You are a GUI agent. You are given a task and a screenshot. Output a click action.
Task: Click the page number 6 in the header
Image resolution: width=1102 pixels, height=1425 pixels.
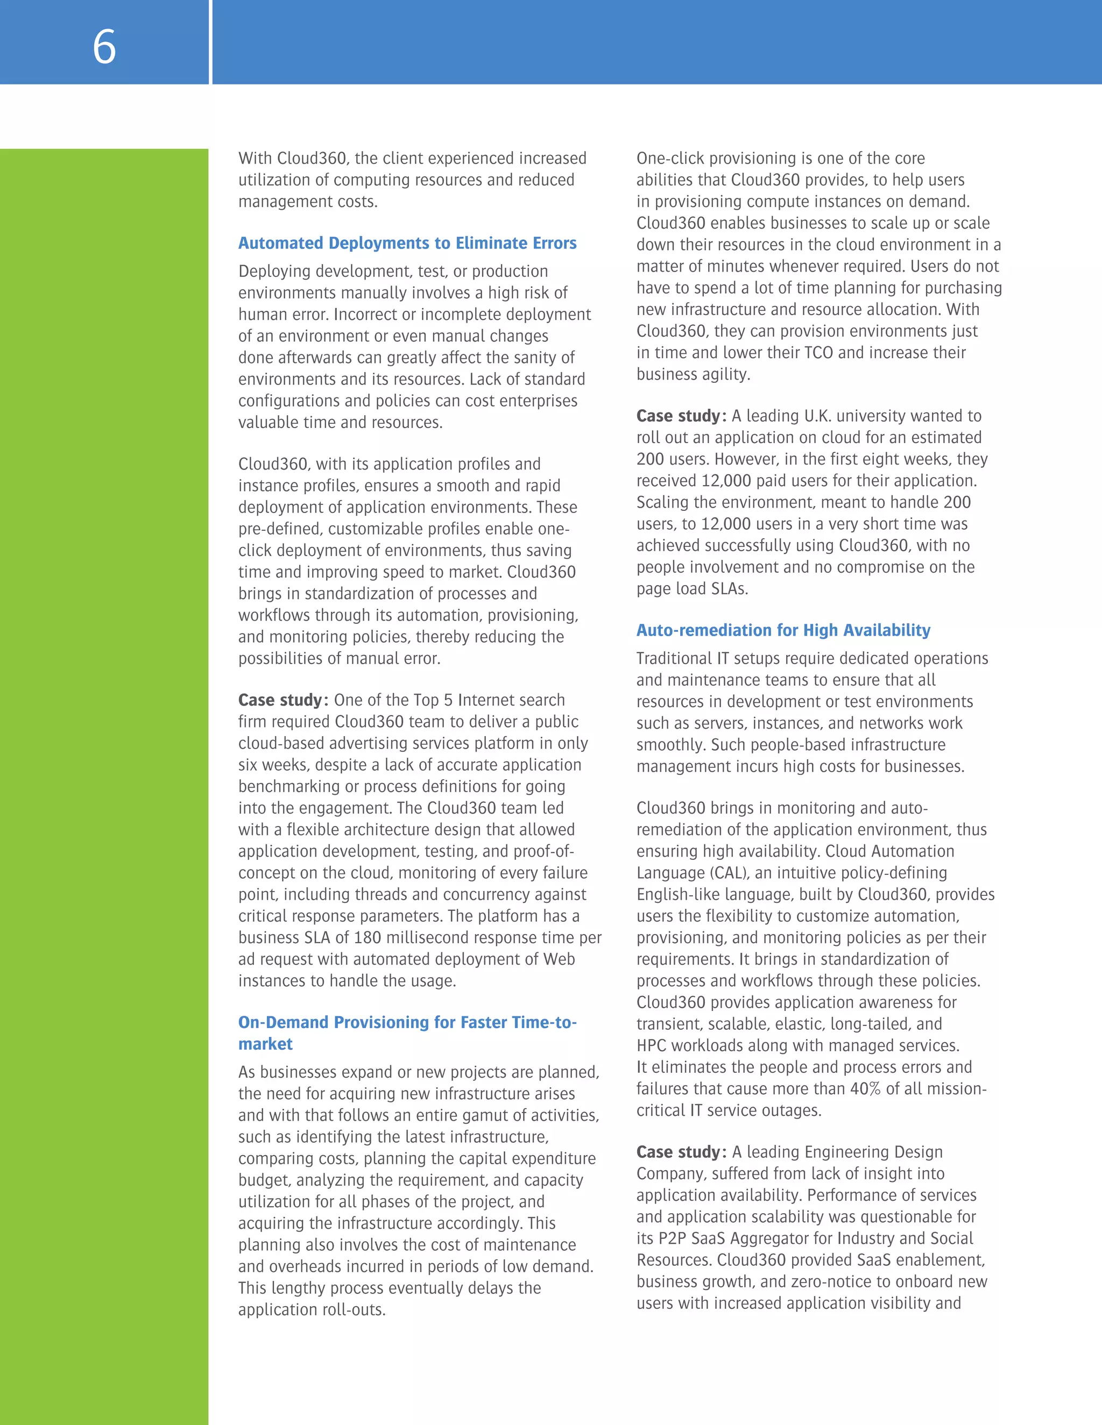[x=104, y=47]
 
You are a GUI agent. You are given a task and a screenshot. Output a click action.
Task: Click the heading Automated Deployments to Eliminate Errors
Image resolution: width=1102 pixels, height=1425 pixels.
[x=407, y=244]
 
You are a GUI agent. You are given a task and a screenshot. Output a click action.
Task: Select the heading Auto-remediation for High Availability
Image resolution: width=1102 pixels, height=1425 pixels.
[x=783, y=630]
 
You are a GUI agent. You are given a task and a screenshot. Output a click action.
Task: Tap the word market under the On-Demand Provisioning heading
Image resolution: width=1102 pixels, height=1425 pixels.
[x=265, y=1044]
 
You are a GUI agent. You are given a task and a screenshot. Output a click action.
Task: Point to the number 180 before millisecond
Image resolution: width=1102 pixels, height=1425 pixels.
[x=367, y=938]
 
